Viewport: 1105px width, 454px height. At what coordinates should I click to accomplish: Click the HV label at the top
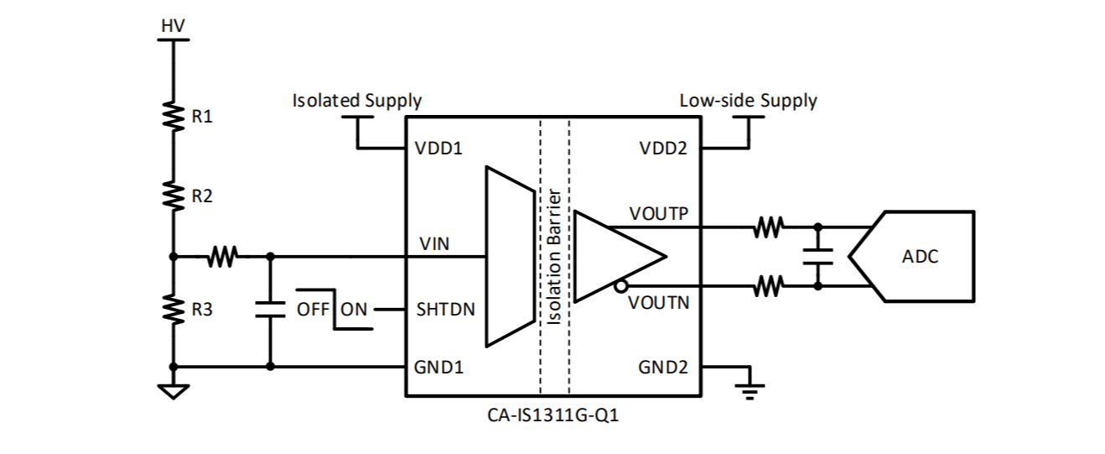click(x=173, y=27)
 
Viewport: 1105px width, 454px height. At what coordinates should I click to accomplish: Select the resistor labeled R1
click(x=174, y=117)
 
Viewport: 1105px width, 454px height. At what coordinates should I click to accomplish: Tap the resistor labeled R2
click(x=174, y=196)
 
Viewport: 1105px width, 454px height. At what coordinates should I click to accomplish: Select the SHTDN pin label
click(x=445, y=309)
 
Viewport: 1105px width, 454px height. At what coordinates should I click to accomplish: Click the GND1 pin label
click(x=439, y=367)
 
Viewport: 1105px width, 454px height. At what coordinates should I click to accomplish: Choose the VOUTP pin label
click(x=659, y=214)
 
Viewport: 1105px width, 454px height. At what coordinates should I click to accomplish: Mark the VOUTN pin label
click(x=659, y=302)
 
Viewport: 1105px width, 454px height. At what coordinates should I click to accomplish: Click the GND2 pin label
click(x=664, y=367)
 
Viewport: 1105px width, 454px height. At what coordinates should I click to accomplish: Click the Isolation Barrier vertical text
click(x=554, y=256)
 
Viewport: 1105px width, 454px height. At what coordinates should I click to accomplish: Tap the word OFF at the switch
click(x=313, y=309)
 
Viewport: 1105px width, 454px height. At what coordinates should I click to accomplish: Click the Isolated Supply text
click(x=356, y=101)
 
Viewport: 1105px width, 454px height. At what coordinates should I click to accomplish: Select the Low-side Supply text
click(x=748, y=101)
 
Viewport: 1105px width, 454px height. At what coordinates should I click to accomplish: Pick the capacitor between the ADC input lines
click(x=817, y=256)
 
